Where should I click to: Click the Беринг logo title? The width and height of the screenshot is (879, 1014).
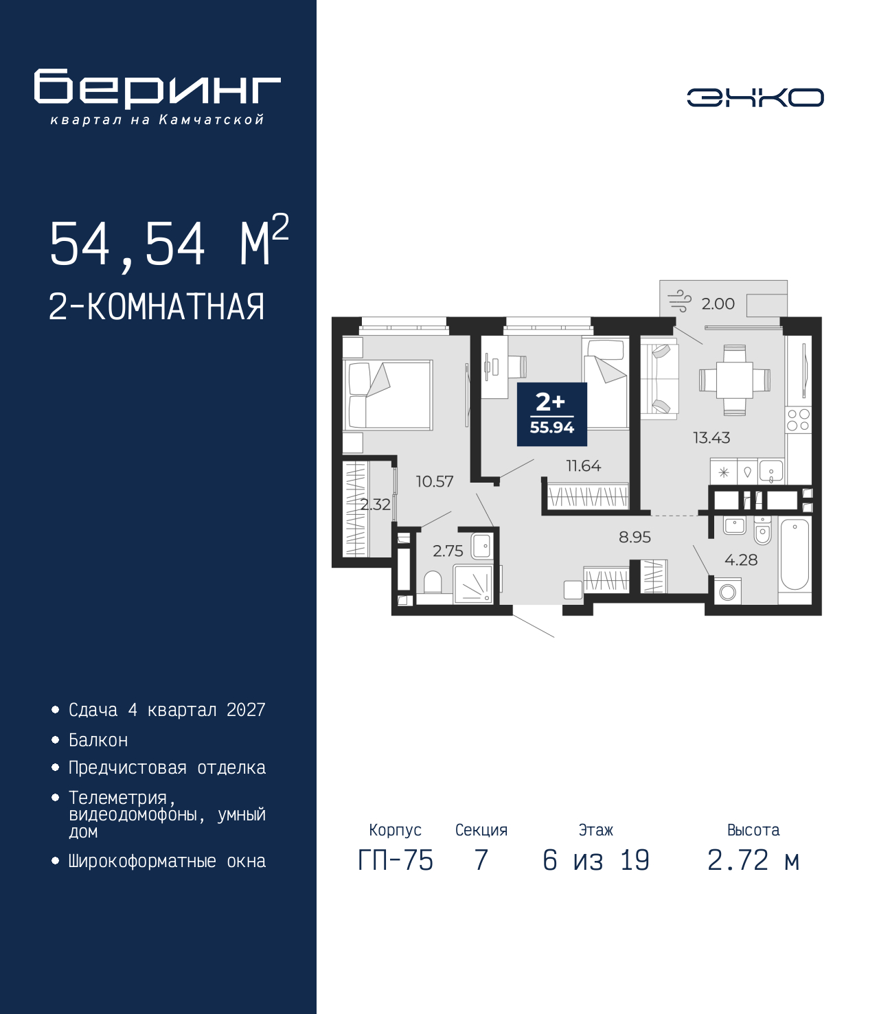157,89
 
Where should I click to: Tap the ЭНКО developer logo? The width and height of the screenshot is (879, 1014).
755,97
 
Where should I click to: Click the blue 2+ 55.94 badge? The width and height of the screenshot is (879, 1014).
551,415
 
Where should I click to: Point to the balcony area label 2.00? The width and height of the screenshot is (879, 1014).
718,303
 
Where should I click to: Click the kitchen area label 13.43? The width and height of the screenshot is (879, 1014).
711,437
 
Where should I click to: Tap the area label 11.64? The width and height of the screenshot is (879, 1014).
584,465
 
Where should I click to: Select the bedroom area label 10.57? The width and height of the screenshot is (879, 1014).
434,481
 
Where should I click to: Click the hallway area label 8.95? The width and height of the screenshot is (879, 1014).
635,537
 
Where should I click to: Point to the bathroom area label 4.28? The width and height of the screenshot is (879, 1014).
741,560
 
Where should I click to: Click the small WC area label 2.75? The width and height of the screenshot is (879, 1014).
448,551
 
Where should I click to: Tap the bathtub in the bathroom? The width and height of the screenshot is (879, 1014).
795,561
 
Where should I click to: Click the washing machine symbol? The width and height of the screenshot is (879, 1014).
727,591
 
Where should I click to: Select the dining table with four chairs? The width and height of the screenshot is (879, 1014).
734,380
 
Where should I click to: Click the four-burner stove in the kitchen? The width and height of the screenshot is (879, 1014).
798,420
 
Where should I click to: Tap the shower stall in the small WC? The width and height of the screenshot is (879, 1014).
472,584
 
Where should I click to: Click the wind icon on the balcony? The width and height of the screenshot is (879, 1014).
679,301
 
